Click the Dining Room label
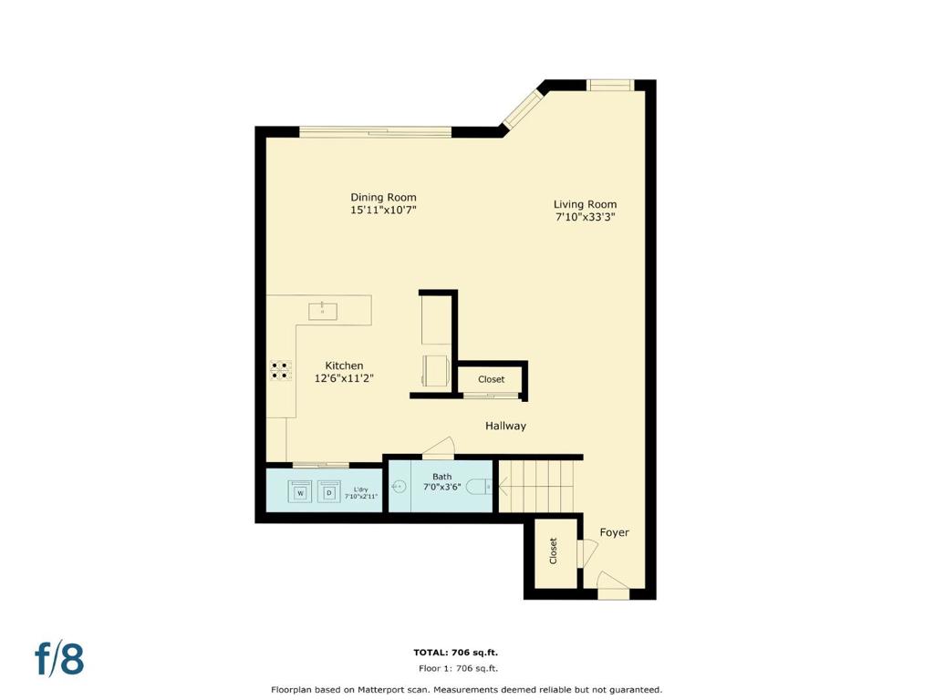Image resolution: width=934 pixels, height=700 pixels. (x=383, y=197)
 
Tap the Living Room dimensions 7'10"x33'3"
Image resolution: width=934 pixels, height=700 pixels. (x=585, y=217)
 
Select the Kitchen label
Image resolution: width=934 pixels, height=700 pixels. (x=344, y=365)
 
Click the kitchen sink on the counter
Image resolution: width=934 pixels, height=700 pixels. (x=323, y=311)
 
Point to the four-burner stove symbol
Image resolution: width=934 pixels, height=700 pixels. (x=280, y=370)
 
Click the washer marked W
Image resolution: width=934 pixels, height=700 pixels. (x=301, y=492)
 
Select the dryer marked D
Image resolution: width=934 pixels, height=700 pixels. (x=328, y=492)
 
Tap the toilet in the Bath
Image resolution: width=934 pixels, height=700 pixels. (x=480, y=487)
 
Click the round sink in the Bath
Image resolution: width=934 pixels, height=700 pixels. (x=400, y=487)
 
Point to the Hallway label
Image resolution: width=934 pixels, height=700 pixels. (x=505, y=426)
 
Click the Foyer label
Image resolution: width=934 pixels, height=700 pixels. (x=614, y=532)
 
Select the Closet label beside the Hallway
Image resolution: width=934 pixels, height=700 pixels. (x=491, y=379)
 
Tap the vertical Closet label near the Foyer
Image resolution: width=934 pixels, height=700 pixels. (x=553, y=551)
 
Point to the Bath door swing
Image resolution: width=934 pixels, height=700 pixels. (x=439, y=448)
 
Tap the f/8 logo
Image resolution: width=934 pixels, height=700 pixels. (x=59, y=658)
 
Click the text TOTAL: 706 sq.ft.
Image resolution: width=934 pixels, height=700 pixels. (x=456, y=653)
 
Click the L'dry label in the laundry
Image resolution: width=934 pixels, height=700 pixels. (x=360, y=489)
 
